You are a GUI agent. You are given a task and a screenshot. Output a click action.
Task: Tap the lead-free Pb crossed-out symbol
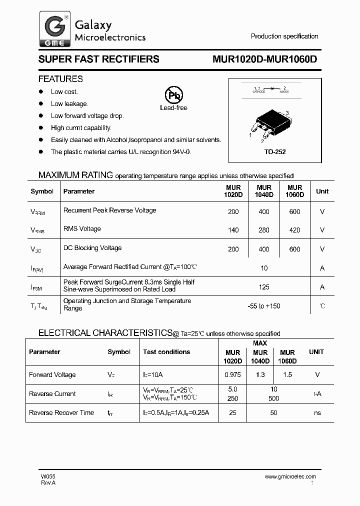[174, 95]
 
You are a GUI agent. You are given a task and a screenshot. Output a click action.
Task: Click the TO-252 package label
[275, 151]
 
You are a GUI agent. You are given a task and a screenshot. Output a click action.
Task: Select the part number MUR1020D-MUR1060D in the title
[264, 59]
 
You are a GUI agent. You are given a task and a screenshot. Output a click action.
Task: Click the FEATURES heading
[60, 79]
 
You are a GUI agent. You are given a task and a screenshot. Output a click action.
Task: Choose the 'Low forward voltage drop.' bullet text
[87, 116]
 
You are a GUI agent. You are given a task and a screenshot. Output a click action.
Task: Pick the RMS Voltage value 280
[263, 230]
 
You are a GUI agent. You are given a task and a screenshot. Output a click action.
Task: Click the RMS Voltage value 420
[294, 230]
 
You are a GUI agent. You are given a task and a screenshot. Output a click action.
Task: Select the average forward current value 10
[264, 268]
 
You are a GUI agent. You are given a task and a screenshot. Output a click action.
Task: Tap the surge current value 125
[264, 287]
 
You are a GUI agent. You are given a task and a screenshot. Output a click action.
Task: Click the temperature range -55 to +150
[263, 306]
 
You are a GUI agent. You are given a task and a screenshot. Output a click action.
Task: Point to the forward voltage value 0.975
[232, 375]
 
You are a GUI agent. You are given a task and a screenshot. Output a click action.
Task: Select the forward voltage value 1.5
[287, 375]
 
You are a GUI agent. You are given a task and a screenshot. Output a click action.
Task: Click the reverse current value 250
[232, 398]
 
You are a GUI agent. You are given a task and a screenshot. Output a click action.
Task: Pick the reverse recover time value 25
[232, 413]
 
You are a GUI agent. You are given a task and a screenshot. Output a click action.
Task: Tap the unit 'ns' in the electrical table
[317, 413]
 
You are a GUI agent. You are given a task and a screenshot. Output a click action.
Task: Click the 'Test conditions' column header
[166, 352]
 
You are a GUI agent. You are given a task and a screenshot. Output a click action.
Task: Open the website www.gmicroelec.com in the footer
[290, 477]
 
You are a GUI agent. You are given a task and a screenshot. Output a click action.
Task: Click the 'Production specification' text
[284, 36]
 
